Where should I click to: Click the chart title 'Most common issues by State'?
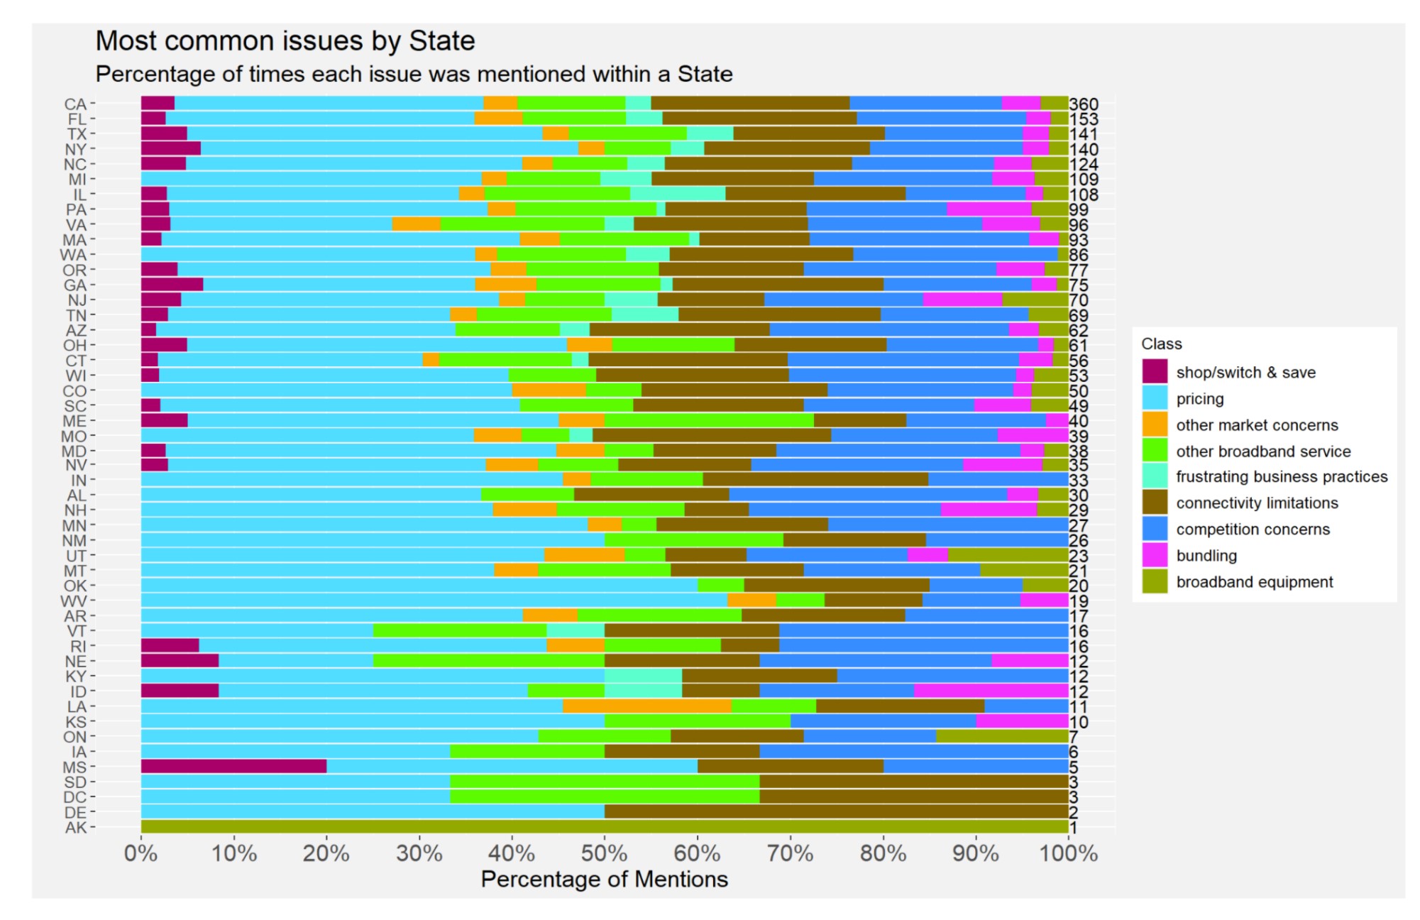285,41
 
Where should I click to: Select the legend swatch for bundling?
1155,555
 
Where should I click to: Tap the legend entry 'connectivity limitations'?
1257,503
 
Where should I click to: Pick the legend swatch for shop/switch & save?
1155,371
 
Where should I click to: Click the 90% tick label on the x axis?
975,853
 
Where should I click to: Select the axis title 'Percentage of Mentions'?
604,879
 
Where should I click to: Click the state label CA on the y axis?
75,104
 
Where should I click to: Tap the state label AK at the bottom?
75,827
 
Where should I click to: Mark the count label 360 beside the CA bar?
1083,104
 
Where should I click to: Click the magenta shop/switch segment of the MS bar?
233,767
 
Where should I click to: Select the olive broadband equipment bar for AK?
604,827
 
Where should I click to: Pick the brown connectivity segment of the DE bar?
836,812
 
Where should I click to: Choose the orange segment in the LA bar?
646,706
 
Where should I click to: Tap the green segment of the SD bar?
604,782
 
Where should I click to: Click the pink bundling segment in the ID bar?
991,691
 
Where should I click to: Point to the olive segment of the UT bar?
1008,555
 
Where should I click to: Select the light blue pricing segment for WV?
434,601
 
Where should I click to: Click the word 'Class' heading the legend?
1161,344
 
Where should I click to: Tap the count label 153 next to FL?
1083,119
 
